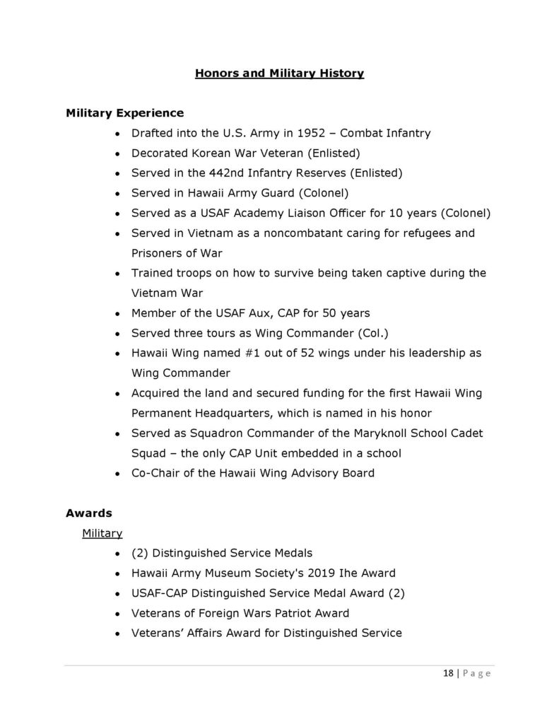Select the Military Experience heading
coord(124,113)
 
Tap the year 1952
coord(296,133)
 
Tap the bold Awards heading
coord(89,513)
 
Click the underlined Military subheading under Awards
coord(102,532)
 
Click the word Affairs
coord(211,633)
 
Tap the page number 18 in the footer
coord(447,673)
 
